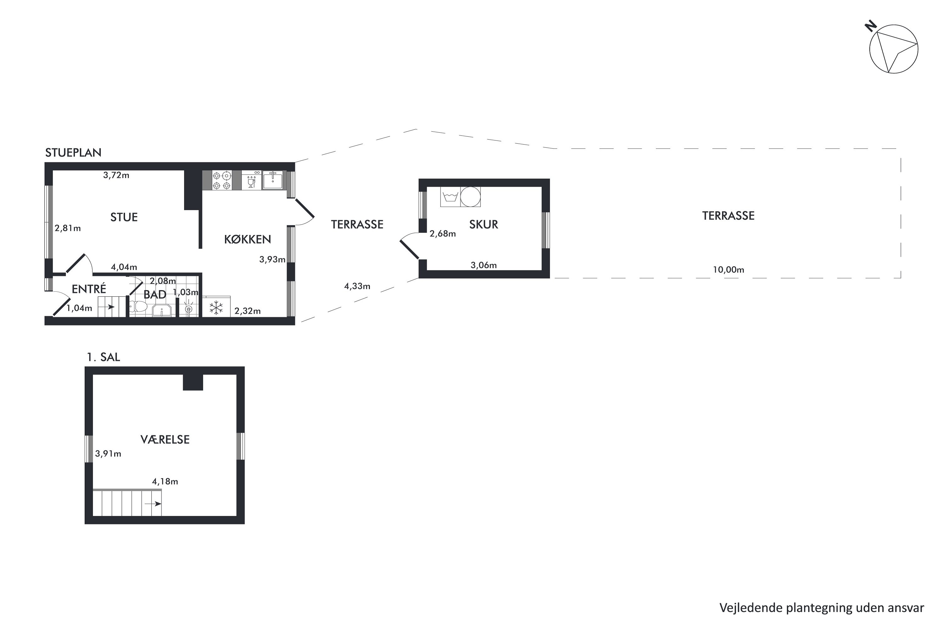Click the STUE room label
124,217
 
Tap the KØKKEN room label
248,239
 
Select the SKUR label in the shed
484,225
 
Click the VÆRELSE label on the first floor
165,439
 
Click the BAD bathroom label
155,295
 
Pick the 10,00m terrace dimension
728,270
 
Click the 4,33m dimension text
357,286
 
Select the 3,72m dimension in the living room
116,175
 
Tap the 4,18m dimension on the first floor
165,481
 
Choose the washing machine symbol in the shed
450,197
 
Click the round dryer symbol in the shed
470,197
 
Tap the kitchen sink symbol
273,180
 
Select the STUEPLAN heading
73,153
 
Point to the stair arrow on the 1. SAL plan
153,504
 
